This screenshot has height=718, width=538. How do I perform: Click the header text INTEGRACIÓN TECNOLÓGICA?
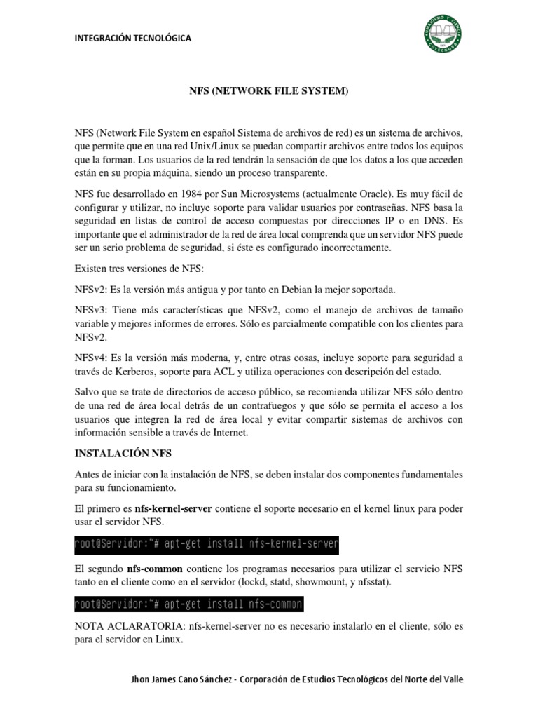coord(133,38)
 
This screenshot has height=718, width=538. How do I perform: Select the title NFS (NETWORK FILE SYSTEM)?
coord(269,92)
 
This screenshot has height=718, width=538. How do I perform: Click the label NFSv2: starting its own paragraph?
coord(92,290)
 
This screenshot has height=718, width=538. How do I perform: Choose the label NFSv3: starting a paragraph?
coord(92,310)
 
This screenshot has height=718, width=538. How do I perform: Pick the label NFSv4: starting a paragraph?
coord(92,358)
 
